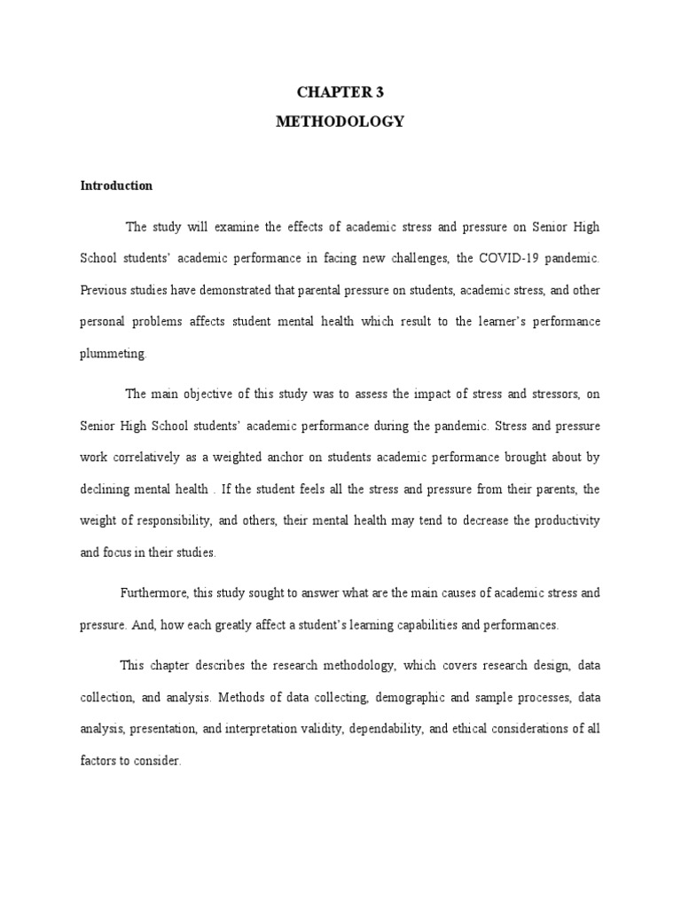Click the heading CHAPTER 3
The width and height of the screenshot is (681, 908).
pos(340,90)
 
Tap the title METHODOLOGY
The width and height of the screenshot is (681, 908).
pos(340,121)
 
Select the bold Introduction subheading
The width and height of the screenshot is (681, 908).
pos(116,185)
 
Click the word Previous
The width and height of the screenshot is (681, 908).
pos(104,290)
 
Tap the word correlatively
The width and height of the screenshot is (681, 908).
pos(147,458)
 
